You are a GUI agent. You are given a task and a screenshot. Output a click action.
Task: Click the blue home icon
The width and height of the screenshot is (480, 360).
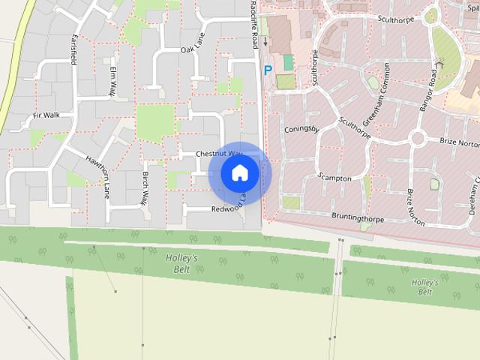239,172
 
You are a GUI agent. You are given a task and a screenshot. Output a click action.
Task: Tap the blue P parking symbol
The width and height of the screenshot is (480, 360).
268,70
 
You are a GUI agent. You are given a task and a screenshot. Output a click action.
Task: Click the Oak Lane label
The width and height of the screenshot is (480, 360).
193,49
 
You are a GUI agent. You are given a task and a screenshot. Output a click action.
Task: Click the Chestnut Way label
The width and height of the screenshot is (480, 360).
215,153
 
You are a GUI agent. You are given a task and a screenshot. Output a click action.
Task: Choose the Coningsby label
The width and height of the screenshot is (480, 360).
302,130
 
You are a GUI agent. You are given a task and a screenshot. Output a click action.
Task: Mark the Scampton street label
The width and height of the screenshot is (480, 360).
334,178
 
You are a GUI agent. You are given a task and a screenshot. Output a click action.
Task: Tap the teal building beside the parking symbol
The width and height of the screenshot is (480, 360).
289,62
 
